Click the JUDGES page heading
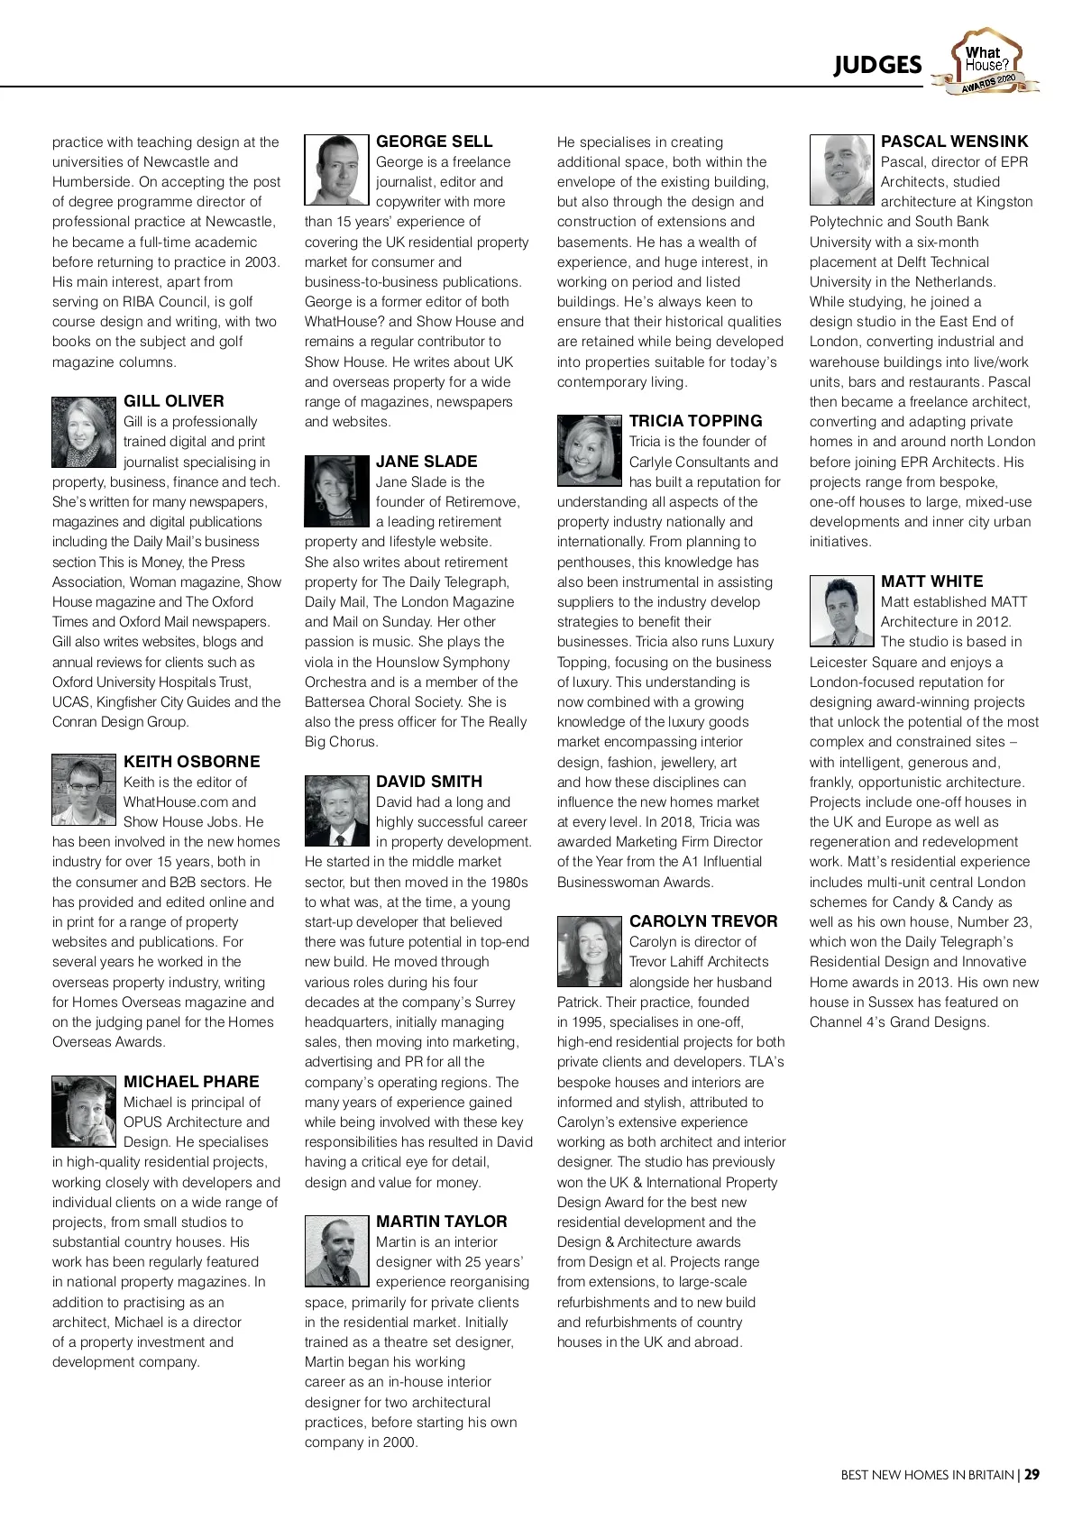(x=877, y=65)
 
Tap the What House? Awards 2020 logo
(x=986, y=61)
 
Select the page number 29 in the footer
(x=1032, y=1475)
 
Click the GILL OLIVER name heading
(x=174, y=401)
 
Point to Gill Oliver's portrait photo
(x=84, y=432)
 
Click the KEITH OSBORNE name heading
(x=191, y=762)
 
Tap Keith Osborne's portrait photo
(x=84, y=790)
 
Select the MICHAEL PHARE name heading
(x=191, y=1082)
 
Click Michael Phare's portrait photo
(x=84, y=1111)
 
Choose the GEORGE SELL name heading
(x=435, y=142)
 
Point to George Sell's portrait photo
(x=337, y=170)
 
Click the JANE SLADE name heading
(x=426, y=462)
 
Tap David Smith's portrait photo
(x=337, y=810)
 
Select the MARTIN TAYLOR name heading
(x=442, y=1222)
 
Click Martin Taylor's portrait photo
(x=337, y=1250)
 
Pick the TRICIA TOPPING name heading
(x=696, y=421)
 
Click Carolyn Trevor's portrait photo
(x=590, y=950)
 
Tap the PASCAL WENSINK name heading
(x=954, y=142)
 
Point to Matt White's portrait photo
(x=842, y=610)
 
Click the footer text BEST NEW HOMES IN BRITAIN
(x=927, y=1475)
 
